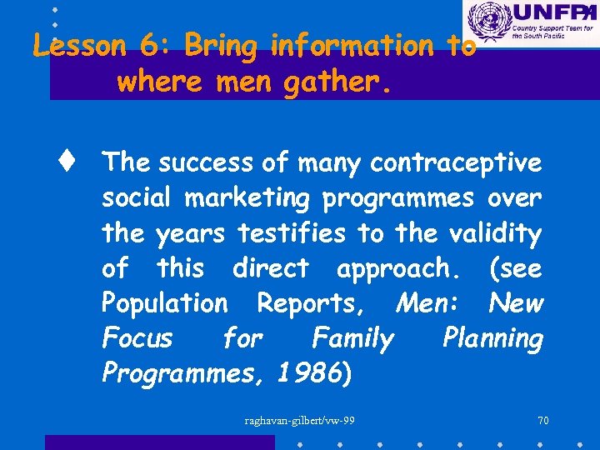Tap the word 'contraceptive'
pyautogui.click(x=456, y=164)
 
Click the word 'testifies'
pyautogui.click(x=291, y=234)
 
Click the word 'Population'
pyautogui.click(x=164, y=303)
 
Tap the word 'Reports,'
pyautogui.click(x=310, y=303)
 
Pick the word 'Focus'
pyautogui.click(x=137, y=338)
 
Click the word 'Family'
pyautogui.click(x=352, y=338)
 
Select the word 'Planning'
pyautogui.click(x=492, y=338)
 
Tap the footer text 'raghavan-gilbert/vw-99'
pyautogui.click(x=299, y=420)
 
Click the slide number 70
pyautogui.click(x=542, y=420)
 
